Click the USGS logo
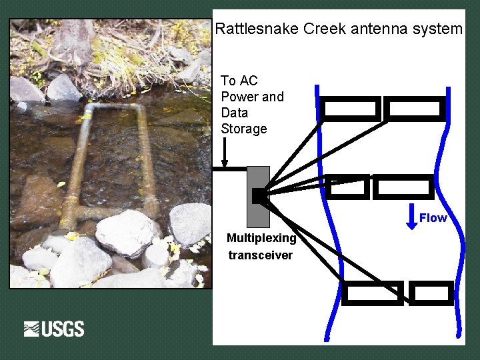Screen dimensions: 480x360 coord(54,329)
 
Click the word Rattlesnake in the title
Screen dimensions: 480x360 coord(257,29)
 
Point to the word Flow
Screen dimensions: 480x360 coord(433,218)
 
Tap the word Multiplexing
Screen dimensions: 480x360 coord(261,238)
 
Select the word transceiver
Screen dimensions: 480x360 coord(261,255)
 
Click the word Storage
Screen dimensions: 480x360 coord(244,129)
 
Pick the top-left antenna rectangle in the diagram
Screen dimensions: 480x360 coord(350,109)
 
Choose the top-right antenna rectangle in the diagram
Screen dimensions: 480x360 coord(415,109)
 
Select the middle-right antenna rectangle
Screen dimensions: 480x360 coord(403,187)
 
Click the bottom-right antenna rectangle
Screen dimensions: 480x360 coord(431,293)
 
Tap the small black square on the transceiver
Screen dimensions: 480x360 coord(259,195)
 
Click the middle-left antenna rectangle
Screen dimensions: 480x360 coord(348,187)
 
